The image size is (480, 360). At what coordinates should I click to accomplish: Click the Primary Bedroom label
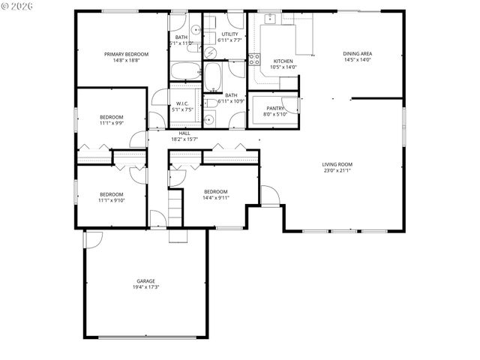tap(126, 54)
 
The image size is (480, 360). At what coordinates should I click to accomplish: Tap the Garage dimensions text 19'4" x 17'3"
tap(145, 287)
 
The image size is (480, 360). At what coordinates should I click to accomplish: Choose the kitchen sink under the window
tap(270, 19)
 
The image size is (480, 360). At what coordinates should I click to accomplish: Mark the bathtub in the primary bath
tap(185, 71)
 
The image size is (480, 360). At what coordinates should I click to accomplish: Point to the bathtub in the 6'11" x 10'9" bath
tap(212, 76)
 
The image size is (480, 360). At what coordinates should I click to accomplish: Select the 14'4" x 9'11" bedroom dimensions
tap(215, 197)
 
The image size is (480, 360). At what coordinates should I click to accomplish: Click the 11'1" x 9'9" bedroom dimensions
tap(112, 124)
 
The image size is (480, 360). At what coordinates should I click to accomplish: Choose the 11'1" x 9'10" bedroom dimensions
tap(112, 200)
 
